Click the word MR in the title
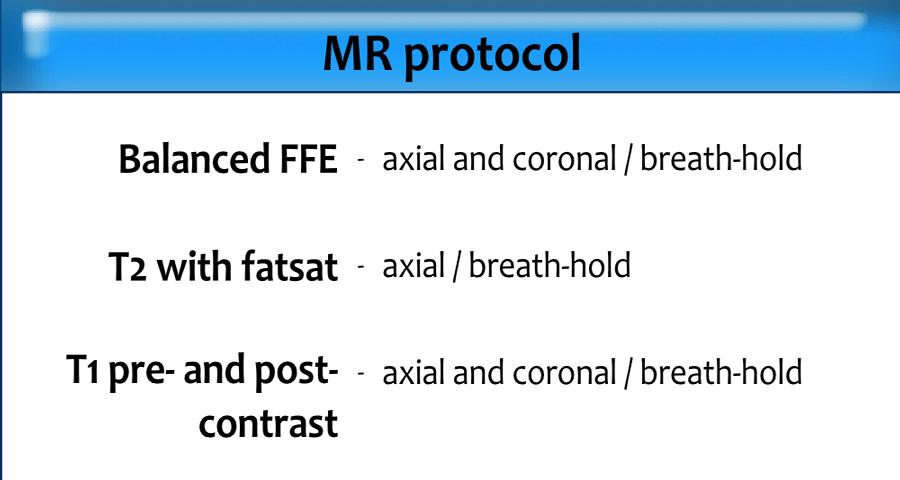pyautogui.click(x=358, y=53)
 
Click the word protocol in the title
pyautogui.click(x=493, y=56)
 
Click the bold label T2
pyautogui.click(x=127, y=267)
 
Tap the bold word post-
pyautogui.click(x=296, y=372)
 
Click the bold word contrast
pyautogui.click(x=269, y=424)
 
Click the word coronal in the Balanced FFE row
pyautogui.click(x=564, y=158)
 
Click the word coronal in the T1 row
pyautogui.click(x=564, y=372)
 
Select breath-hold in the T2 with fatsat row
pyautogui.click(x=549, y=265)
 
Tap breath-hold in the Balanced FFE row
pyautogui.click(x=721, y=158)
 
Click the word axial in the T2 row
pyautogui.click(x=414, y=266)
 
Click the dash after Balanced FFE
pyautogui.click(x=360, y=160)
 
